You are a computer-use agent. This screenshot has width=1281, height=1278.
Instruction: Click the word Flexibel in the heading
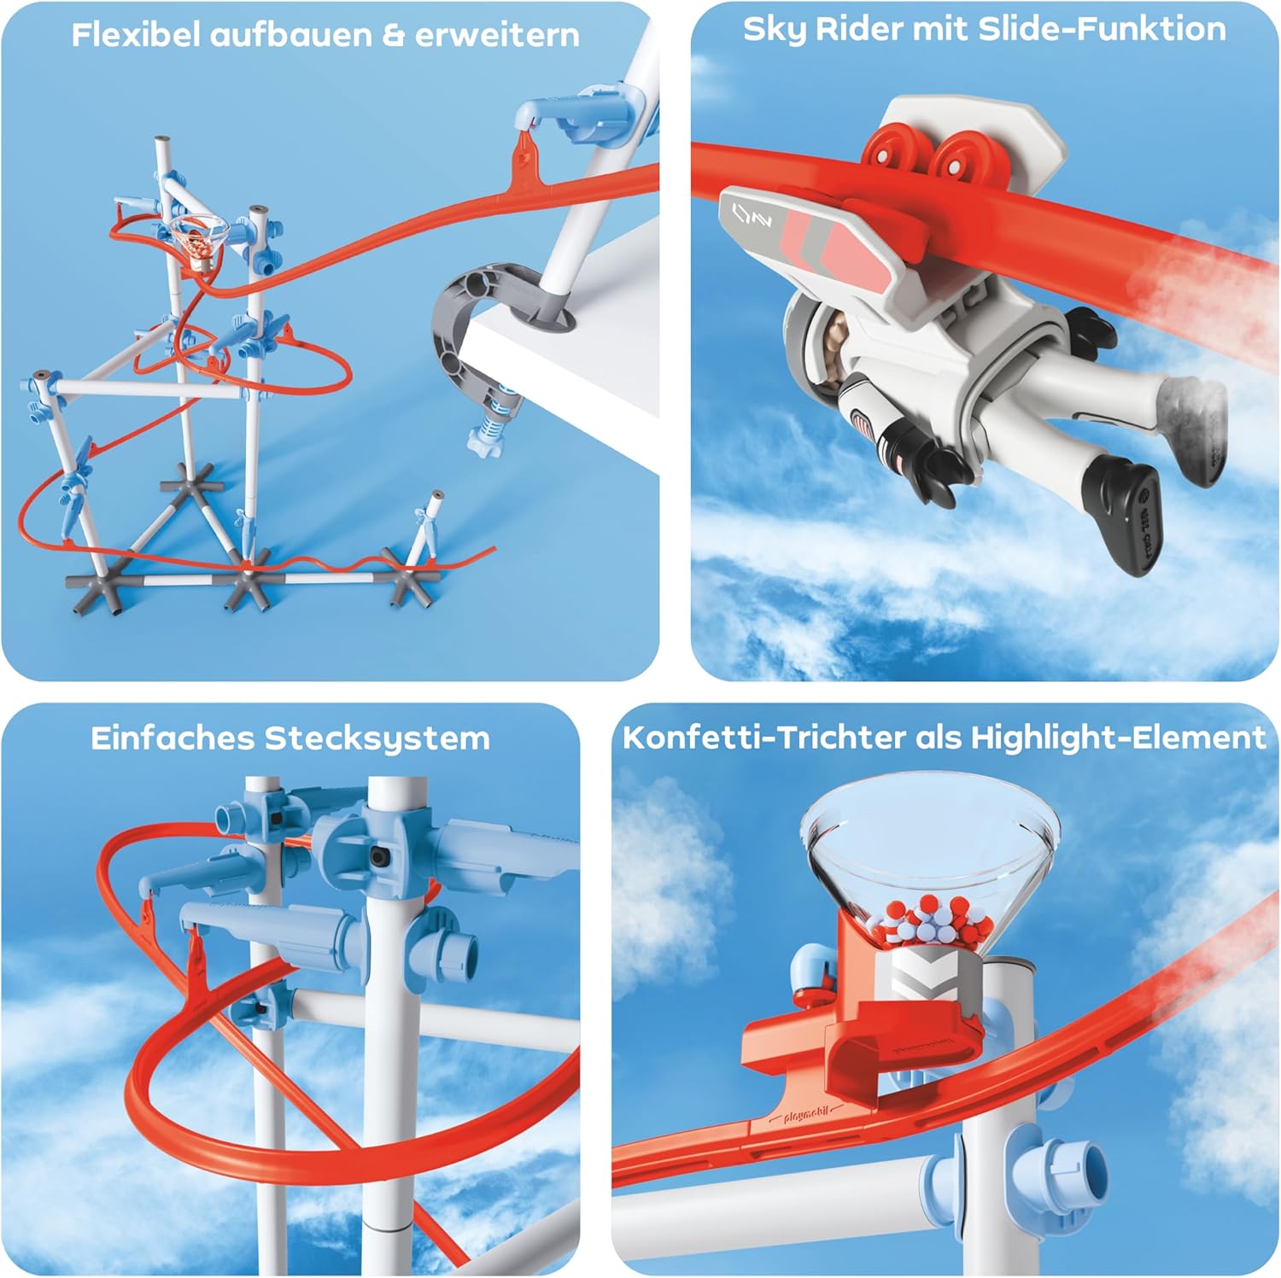coord(136,35)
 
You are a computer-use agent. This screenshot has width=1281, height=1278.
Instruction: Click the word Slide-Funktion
coord(1103,29)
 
